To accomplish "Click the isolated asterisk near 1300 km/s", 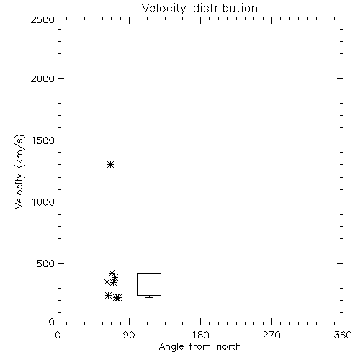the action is [x=110, y=165].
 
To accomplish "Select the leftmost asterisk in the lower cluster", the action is [x=107, y=282].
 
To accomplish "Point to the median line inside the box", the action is [x=149, y=282].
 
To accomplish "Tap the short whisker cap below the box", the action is [x=149, y=297].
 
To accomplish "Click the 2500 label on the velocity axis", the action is [x=42, y=19].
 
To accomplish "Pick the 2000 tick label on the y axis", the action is [x=42, y=78].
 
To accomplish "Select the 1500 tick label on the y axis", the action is [x=43, y=140].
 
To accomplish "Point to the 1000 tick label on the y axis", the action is [x=43, y=202].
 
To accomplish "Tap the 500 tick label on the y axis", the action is [x=46, y=264].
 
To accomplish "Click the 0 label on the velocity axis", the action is [x=52, y=322].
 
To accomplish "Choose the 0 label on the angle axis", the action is [x=58, y=335].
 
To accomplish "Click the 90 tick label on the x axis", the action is [x=129, y=335].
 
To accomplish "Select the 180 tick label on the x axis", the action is [x=200, y=335].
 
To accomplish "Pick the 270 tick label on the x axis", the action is [x=271, y=335].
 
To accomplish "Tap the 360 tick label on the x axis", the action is [x=343, y=335].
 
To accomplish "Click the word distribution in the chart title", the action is [x=225, y=8].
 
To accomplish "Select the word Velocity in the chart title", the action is [x=163, y=9].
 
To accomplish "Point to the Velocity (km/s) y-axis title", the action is [x=19, y=172].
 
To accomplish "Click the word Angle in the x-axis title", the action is [x=171, y=347].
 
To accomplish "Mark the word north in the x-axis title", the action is [x=229, y=347].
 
